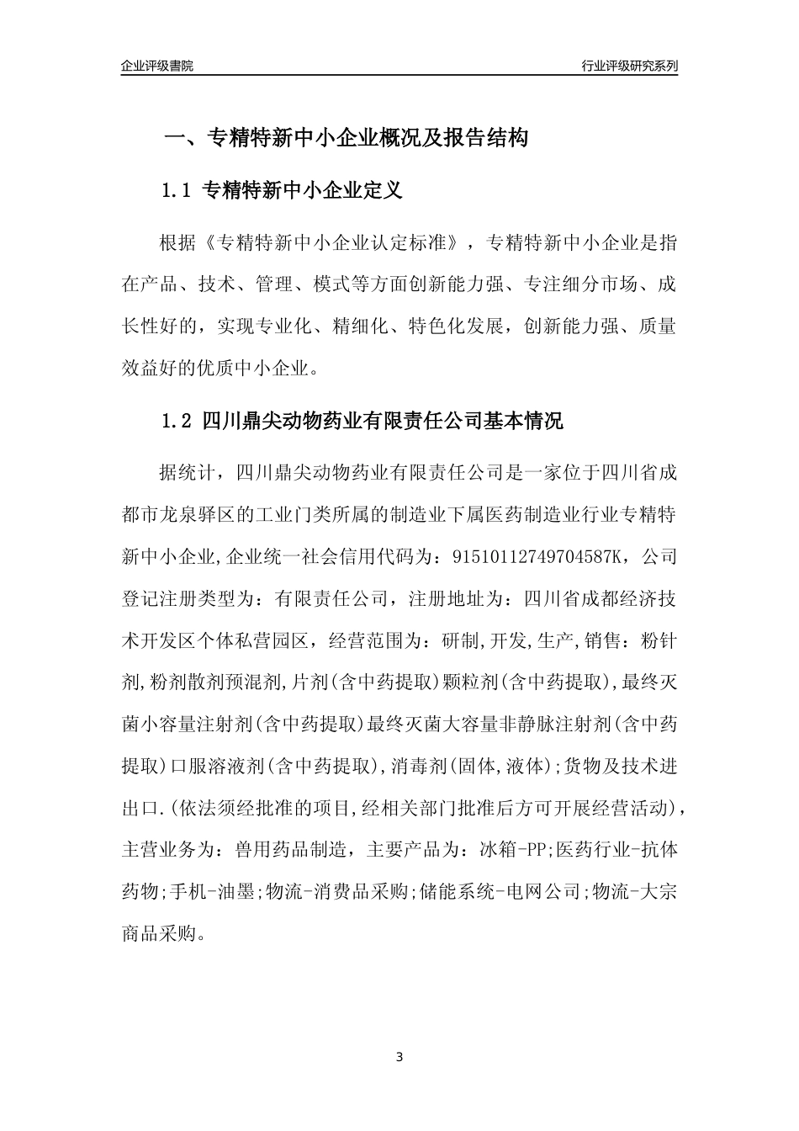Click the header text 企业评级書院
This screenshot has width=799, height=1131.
point(157,66)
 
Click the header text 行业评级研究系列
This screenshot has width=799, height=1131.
point(629,66)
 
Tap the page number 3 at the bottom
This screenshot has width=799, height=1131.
point(399,1056)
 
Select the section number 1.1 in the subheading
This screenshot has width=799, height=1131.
point(177,191)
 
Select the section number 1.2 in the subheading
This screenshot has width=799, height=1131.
point(177,421)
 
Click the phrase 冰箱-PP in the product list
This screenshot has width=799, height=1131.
point(513,850)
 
